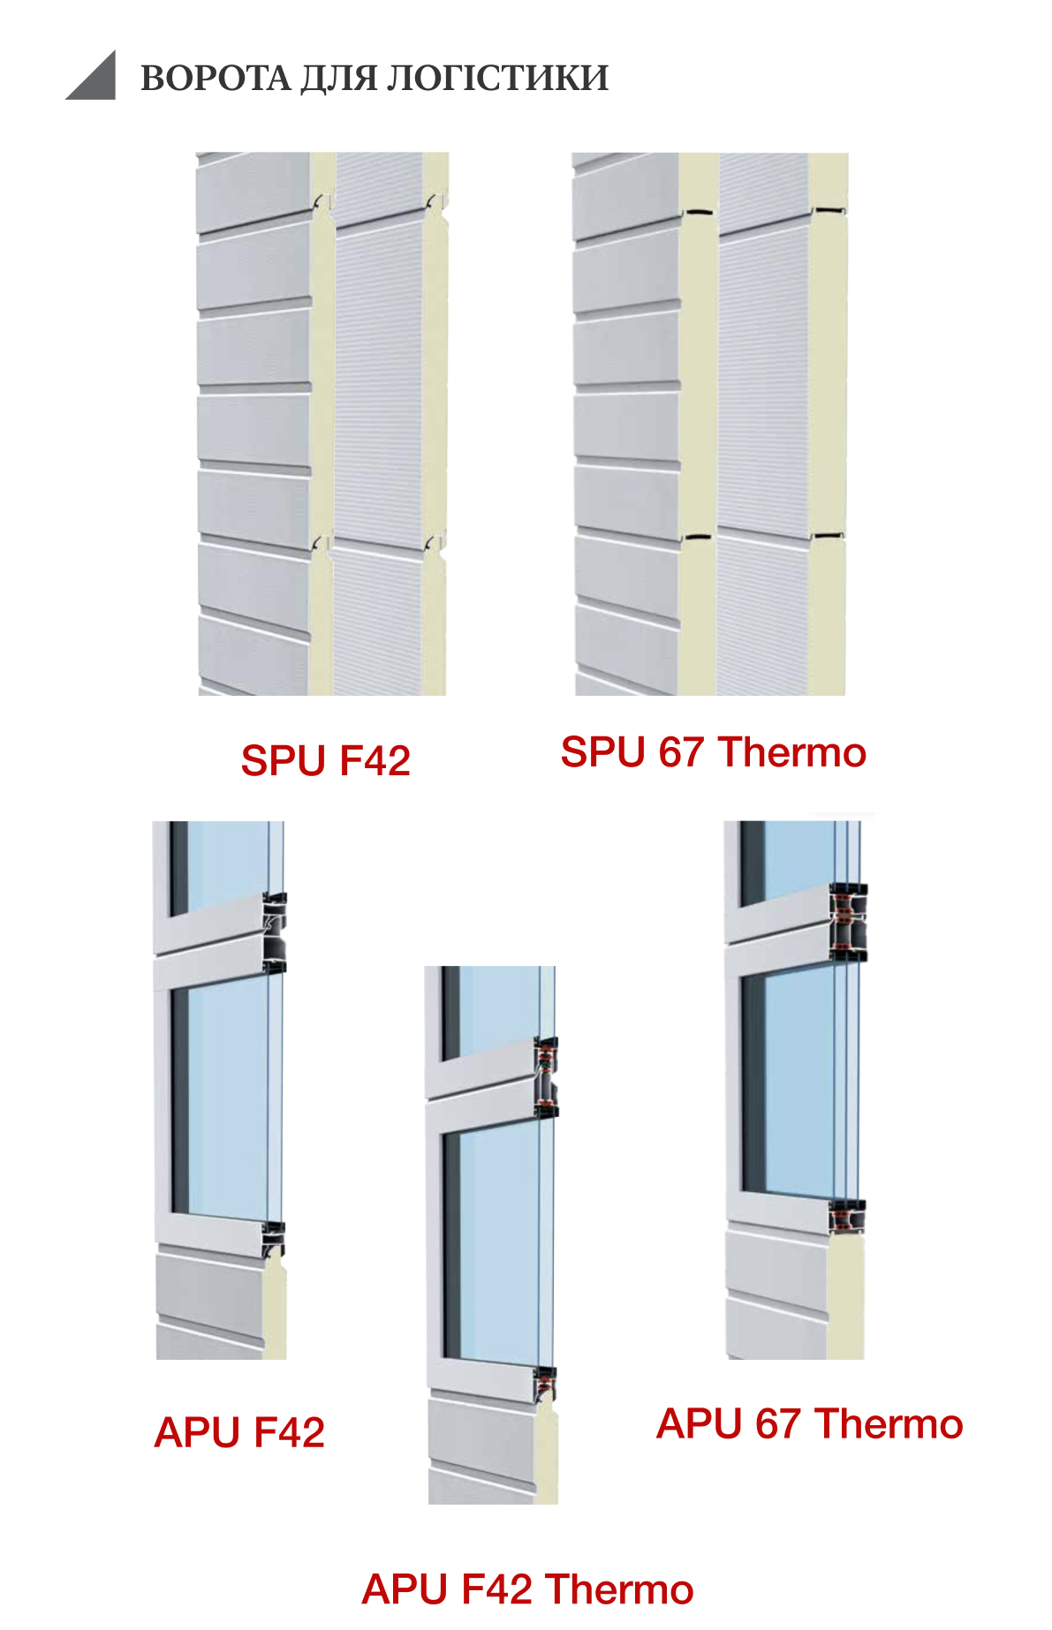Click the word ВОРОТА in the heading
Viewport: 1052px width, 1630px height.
pos(215,79)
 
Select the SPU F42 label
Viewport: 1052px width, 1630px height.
pos(325,761)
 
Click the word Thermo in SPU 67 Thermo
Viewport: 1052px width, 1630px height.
pos(792,753)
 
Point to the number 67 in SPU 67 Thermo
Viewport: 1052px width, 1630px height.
pos(680,753)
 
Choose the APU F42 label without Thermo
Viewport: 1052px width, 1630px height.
pos(239,1432)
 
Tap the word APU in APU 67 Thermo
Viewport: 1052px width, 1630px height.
pos(700,1424)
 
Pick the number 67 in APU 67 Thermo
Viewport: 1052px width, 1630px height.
pos(777,1424)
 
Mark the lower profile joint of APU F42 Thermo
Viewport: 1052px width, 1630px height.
pos(544,1385)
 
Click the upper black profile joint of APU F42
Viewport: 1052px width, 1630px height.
pos(275,932)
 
